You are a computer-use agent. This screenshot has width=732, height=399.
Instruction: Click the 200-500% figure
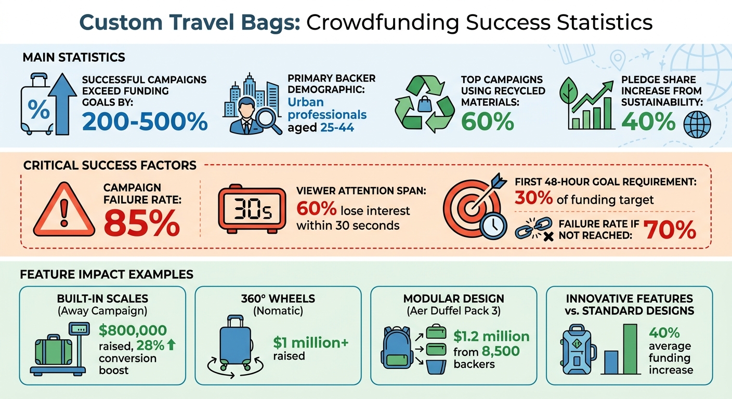[145, 122]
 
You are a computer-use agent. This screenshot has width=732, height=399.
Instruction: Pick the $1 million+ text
[310, 343]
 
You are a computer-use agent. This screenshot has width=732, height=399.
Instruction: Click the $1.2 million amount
[491, 336]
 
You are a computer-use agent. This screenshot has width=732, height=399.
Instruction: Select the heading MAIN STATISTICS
[73, 57]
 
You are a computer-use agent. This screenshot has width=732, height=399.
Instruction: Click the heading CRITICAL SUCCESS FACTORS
[110, 166]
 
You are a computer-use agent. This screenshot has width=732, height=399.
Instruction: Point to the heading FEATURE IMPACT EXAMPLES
[106, 274]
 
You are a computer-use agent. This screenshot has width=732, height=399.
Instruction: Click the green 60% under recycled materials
[487, 121]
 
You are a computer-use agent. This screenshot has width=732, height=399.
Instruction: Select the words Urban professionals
[327, 108]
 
